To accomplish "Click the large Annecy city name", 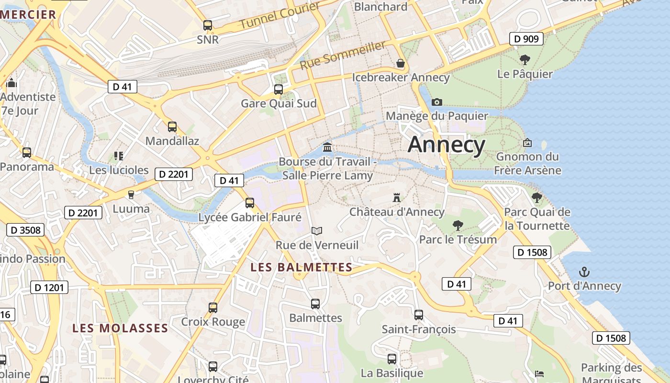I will click(x=447, y=145).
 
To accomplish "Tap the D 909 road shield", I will click(x=526, y=39).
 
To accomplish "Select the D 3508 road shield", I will click(x=25, y=230).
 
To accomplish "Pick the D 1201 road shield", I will click(x=49, y=287).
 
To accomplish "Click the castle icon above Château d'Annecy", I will click(x=396, y=197).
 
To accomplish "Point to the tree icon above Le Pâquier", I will click(x=525, y=60).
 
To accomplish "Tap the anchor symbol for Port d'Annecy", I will click(x=584, y=272).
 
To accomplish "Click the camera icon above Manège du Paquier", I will click(x=436, y=102).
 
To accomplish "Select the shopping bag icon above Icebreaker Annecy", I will click(x=401, y=63).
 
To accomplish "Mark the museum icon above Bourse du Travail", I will click(x=327, y=146).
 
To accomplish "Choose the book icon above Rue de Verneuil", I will click(x=316, y=231).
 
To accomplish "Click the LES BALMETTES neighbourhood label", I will click(x=301, y=267).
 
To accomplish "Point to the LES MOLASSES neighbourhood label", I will click(x=120, y=328).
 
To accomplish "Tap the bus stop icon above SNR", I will click(x=207, y=25).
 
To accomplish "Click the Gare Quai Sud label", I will click(x=279, y=103).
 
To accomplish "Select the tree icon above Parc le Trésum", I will click(x=458, y=225).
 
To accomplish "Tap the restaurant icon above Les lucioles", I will click(x=119, y=156).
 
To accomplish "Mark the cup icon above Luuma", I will click(x=131, y=195).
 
